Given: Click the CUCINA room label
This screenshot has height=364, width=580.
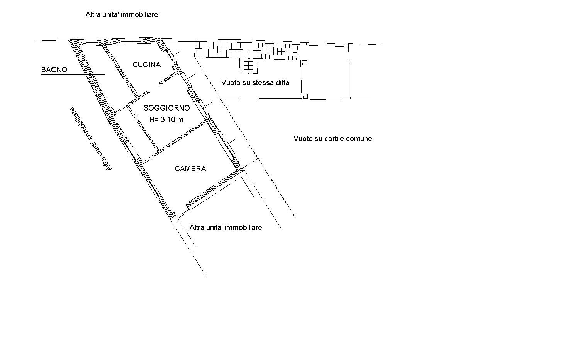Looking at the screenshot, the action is (x=146, y=65).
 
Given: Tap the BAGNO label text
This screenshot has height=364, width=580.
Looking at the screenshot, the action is (x=54, y=70).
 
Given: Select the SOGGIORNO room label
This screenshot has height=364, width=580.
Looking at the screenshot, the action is (x=166, y=108).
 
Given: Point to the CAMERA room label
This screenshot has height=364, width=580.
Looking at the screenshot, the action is (x=190, y=168).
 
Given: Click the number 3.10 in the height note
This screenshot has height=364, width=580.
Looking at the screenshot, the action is (x=168, y=119).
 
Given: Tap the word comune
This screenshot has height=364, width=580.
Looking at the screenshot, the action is (x=359, y=139).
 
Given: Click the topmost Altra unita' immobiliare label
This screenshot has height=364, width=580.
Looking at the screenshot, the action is (x=122, y=15).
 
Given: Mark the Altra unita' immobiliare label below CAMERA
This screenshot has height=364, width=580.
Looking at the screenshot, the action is (x=226, y=228).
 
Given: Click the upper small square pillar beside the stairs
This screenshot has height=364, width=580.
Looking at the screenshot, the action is (x=305, y=63).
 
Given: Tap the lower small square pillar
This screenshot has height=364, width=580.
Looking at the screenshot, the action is (x=305, y=96).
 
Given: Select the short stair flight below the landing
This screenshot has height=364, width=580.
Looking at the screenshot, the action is (x=249, y=66).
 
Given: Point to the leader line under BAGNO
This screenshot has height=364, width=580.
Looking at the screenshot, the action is (x=73, y=74).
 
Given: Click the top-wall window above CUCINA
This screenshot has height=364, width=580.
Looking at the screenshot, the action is (x=131, y=41).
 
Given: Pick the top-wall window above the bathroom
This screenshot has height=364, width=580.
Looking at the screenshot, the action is (x=90, y=42).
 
